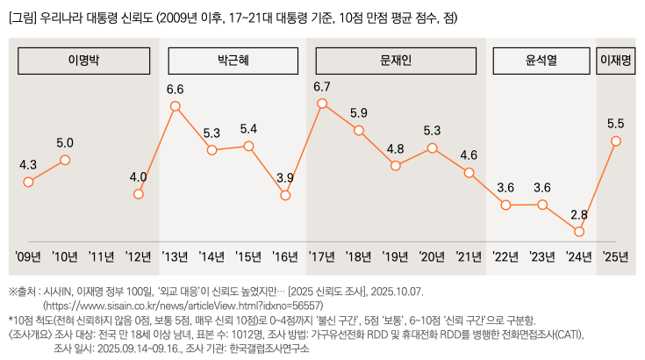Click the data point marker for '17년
coord(322,104)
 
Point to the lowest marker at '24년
coord(579,232)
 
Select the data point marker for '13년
coord(176,106)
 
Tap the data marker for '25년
coord(616,141)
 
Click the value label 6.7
coord(321,86)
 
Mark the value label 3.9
coord(285,177)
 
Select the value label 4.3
coord(28,164)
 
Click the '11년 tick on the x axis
coord(102,257)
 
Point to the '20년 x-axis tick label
coord(432,257)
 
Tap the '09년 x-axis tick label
coord(28,257)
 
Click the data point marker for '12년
coord(139,193)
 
